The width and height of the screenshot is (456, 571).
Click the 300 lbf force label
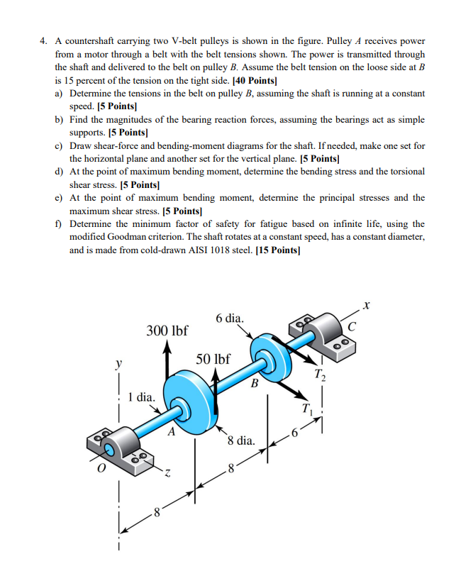point(167,331)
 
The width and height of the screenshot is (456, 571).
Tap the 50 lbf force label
point(213,360)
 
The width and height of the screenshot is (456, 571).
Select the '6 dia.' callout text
point(229,318)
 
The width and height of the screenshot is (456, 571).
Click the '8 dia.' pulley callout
point(241,440)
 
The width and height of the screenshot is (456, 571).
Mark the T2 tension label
point(321,375)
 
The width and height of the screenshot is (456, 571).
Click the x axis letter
point(366,306)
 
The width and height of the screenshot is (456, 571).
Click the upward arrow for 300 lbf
point(167,362)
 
